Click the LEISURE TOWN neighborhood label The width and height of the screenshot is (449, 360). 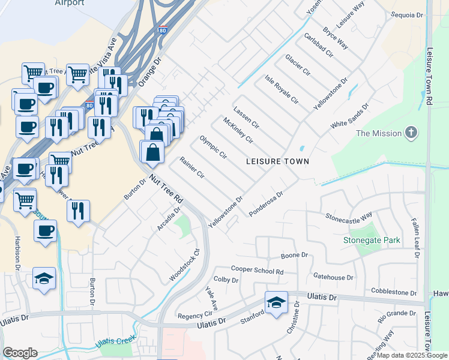click(278, 161)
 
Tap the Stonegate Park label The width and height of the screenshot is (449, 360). click(372, 241)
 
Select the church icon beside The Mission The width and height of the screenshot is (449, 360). click(411, 133)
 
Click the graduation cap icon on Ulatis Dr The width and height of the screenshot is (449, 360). click(276, 302)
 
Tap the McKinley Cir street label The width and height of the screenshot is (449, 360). click(238, 130)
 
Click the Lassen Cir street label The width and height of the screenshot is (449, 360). click(246, 116)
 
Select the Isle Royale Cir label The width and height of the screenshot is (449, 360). click(282, 90)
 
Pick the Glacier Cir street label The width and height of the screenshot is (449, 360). click(298, 65)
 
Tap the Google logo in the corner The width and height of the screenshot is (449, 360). click(20, 353)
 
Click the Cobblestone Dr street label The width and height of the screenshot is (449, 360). click(394, 292)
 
